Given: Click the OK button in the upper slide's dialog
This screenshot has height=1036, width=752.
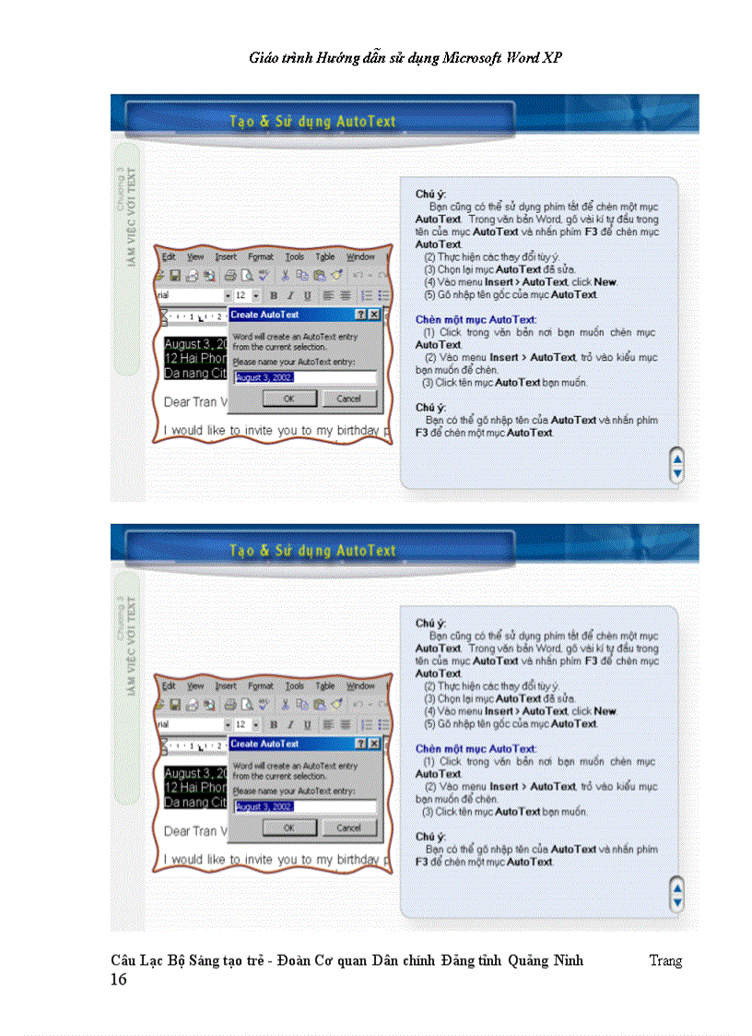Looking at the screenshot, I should pos(288,399).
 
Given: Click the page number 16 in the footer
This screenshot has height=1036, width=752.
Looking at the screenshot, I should pos(119,979).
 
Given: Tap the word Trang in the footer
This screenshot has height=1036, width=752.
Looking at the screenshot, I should pos(664,960).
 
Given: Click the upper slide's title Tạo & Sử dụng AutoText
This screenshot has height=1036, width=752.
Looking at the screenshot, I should pos(311,121).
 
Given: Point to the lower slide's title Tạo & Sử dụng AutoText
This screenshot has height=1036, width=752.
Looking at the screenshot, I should pos(311,551).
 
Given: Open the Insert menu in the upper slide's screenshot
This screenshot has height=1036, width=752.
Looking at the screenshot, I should pos(226,256).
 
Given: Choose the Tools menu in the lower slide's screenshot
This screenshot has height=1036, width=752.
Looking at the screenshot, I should pos(294,686).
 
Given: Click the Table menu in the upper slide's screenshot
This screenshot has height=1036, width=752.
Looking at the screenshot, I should pos(324,256).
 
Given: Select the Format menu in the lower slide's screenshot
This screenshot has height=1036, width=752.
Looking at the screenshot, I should pos(261,686).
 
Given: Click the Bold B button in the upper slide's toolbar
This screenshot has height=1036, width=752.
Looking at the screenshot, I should pos(273,295).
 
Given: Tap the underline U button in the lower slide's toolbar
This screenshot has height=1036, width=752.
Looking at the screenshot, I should pos(306,725).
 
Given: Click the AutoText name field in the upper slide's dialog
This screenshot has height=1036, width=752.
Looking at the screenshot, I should pos(304,377).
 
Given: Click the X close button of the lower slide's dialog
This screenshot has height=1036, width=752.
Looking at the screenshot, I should pos(374,744).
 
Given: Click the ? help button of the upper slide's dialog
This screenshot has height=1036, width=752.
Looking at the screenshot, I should pos(361,315).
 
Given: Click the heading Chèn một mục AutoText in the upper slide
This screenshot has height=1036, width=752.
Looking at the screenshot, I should pos(475,319).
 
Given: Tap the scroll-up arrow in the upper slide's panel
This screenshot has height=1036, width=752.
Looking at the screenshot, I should pos(677,458).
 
